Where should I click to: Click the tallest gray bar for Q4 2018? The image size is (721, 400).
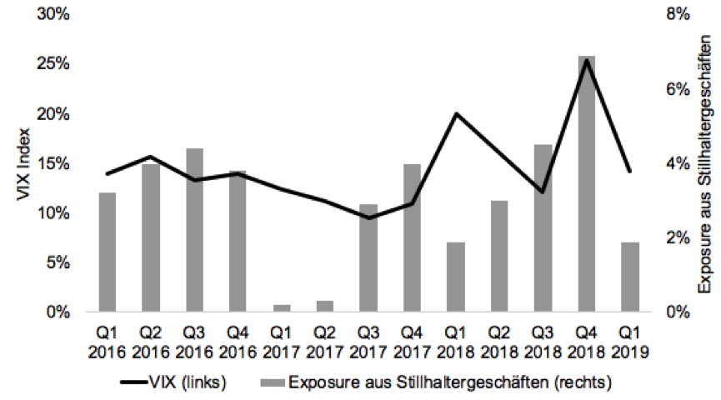coord(587,183)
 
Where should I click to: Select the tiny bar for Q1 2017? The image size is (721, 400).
coord(282,308)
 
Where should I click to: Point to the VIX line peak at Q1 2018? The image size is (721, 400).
coord(455,113)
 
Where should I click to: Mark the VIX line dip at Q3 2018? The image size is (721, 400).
coord(543,192)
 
